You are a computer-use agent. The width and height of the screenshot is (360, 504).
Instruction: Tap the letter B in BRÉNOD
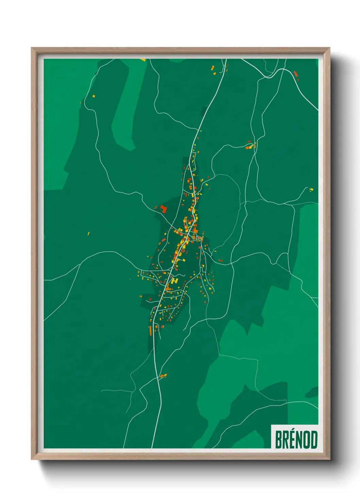coord(278,440)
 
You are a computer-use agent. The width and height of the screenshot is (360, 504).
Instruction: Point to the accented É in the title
coord(294,439)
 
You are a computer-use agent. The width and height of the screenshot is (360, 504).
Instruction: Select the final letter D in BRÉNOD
coord(314,440)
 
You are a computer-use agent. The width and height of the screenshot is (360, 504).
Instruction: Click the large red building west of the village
coord(164,209)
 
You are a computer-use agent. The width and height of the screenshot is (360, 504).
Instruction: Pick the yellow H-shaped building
coord(175,280)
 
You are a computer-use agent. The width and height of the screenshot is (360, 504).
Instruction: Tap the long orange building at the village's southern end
coord(150,330)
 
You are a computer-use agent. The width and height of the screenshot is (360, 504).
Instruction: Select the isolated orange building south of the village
coord(163,376)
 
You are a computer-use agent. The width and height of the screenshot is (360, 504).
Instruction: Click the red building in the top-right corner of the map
coord(295,73)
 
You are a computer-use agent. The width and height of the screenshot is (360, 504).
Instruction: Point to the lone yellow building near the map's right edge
coord(311,189)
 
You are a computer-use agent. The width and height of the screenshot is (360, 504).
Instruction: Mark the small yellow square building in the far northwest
coord(94,96)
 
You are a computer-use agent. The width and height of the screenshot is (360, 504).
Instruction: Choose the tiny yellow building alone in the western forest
coord(88,234)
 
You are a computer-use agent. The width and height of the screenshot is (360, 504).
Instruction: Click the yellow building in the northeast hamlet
coord(251,146)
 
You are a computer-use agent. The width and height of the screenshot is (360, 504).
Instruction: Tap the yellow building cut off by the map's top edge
coord(143,60)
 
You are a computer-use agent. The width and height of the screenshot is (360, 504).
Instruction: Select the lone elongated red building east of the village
coord(220,261)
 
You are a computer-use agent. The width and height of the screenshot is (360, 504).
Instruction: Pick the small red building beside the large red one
coord(156,207)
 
